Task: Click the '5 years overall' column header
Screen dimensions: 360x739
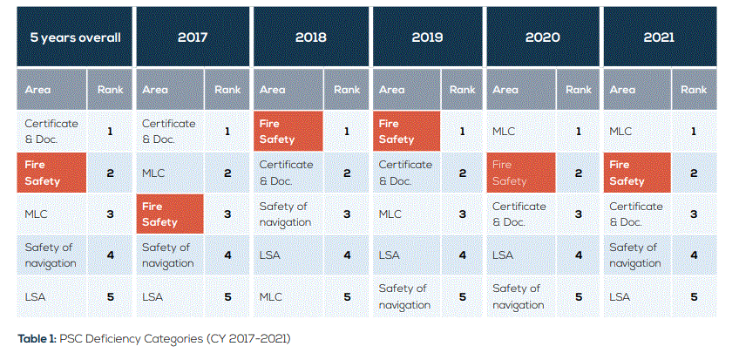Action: [76, 37]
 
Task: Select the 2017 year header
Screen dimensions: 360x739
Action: [193, 37]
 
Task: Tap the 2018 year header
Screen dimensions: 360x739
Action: [311, 37]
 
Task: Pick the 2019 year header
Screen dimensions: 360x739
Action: [428, 37]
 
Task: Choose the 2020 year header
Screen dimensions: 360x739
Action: [543, 37]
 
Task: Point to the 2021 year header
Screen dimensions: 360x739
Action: [660, 37]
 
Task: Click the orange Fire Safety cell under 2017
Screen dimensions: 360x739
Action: [170, 214]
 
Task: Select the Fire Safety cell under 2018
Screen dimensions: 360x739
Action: [288, 131]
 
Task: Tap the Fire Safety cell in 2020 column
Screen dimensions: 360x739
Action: [521, 173]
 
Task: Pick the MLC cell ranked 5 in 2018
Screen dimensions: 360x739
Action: [288, 297]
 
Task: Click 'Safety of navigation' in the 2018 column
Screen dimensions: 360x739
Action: [288, 214]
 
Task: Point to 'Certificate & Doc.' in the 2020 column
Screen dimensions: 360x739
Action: [521, 214]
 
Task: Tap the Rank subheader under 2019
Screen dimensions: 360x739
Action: [463, 89]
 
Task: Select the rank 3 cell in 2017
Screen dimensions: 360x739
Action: [227, 214]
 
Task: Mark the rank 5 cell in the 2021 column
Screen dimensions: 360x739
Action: [695, 297]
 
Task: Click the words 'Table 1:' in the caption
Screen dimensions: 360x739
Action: [37, 338]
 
